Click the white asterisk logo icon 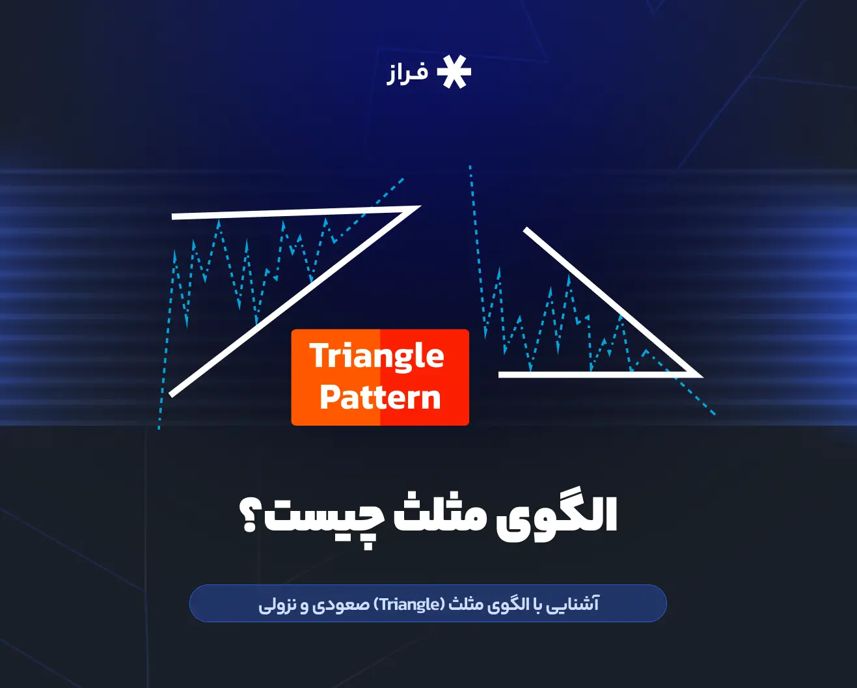[454, 72]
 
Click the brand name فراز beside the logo [408, 73]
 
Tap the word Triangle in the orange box [377, 356]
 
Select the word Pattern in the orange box [380, 397]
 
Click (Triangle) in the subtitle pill [411, 604]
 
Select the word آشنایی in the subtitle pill [573, 604]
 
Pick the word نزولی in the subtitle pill [277, 605]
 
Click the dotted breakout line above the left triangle [390, 189]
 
